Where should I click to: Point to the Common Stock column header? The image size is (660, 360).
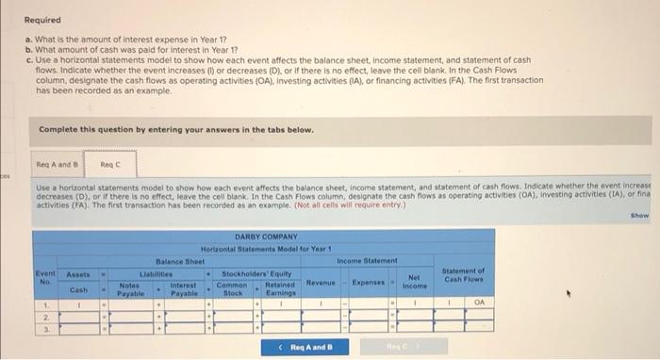click(232, 287)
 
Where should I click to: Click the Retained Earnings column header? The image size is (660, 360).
click(281, 287)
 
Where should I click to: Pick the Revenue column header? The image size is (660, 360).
click(322, 283)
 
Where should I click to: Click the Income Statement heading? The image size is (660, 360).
click(368, 259)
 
